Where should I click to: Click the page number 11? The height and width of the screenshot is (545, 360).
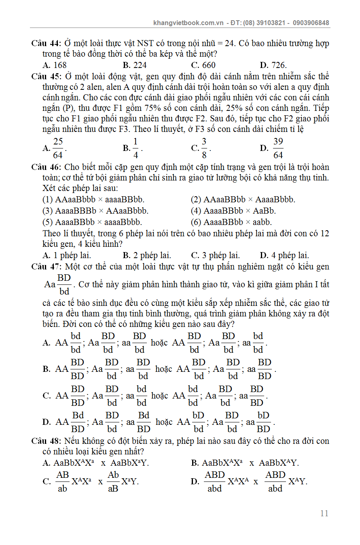324,513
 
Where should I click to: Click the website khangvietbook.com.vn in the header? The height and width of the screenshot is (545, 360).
188,23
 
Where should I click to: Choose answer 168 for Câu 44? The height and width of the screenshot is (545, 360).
59,65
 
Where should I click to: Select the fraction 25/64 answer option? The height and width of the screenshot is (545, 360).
58,148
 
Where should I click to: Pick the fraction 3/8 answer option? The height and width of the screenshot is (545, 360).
204,148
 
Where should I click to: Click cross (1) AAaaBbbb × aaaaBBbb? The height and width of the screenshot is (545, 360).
94,199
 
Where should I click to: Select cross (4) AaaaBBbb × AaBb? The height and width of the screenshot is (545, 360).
233,211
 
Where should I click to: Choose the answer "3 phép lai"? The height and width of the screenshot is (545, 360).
220,255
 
